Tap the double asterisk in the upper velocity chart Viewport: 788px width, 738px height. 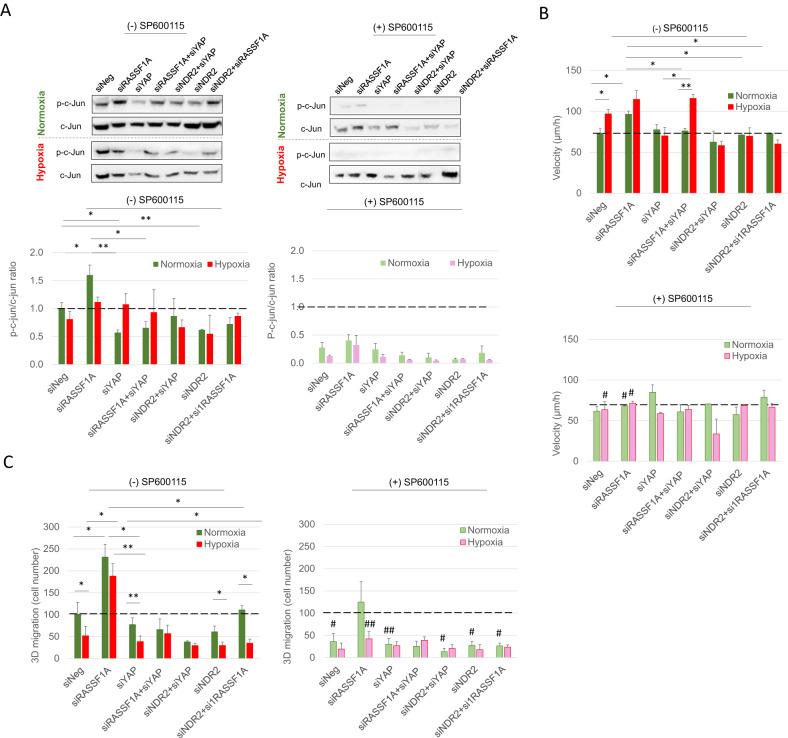(687, 86)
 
